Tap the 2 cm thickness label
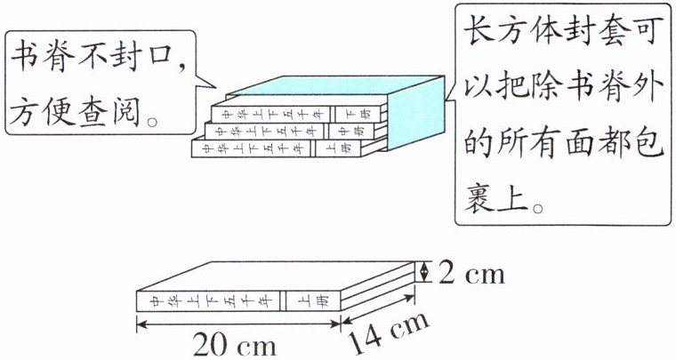pyautogui.click(x=471, y=273)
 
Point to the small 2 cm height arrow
pyautogui.click(x=424, y=272)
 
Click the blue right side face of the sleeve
pyautogui.click(x=415, y=113)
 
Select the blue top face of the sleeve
pyautogui.click(x=335, y=85)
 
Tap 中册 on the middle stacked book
pyautogui.click(x=351, y=131)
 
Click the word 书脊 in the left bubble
pyautogui.click(x=39, y=57)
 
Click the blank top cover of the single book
pyautogui.click(x=276, y=276)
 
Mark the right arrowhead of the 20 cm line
pyautogui.click(x=337, y=324)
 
